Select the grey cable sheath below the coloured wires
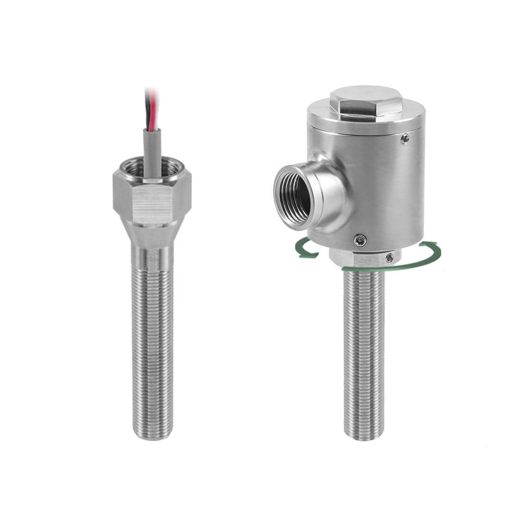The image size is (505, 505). click(x=152, y=153)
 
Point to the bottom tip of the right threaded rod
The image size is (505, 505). click(x=364, y=435)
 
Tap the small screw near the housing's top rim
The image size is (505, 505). click(x=405, y=138)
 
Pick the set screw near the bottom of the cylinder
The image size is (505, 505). click(x=360, y=240)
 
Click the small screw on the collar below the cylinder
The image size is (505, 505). click(x=390, y=258)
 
